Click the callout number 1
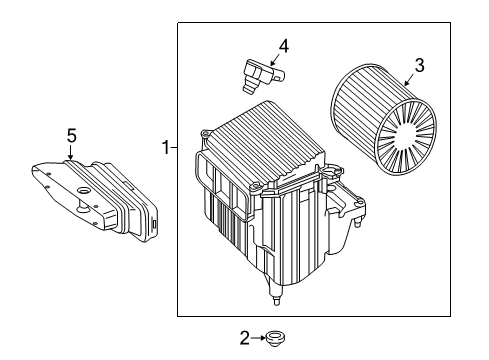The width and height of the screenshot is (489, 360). pyautogui.click(x=165, y=147)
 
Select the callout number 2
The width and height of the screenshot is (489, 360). pyautogui.click(x=245, y=338)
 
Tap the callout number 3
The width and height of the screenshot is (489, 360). pyautogui.click(x=419, y=65)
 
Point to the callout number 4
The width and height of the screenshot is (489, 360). pyautogui.click(x=283, y=46)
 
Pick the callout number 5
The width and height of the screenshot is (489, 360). pyautogui.click(x=71, y=136)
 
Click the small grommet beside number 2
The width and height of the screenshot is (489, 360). pyautogui.click(x=275, y=339)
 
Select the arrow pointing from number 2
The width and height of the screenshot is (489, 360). pyautogui.click(x=258, y=338)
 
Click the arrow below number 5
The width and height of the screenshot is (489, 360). pyautogui.click(x=70, y=152)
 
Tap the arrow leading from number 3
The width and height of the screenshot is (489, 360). pyautogui.click(x=409, y=80)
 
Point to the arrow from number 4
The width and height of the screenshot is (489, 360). pyautogui.click(x=274, y=60)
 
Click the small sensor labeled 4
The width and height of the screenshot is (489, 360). pyautogui.click(x=263, y=75)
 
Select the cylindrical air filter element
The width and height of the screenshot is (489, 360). pyautogui.click(x=383, y=120)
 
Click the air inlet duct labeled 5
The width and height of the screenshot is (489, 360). pyautogui.click(x=95, y=200)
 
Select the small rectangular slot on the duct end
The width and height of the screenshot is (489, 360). pyautogui.click(x=154, y=224)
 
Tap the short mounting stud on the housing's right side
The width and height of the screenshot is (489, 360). pyautogui.click(x=358, y=222)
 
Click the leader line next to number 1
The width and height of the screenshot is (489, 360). pyautogui.click(x=173, y=147)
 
